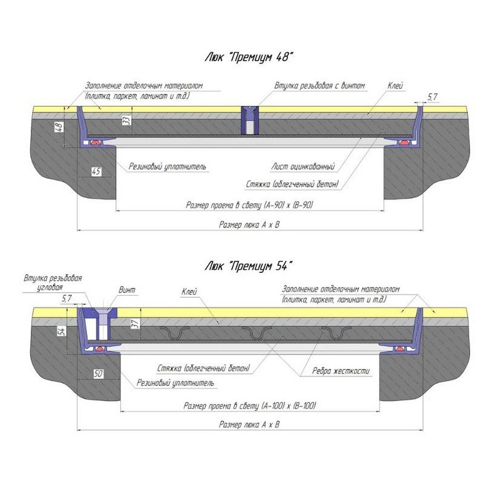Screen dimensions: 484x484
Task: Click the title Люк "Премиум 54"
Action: click(x=249, y=265)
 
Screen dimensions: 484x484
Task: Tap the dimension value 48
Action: click(x=59, y=127)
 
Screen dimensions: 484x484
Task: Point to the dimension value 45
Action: click(x=96, y=172)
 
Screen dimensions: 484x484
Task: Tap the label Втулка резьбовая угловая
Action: click(x=53, y=284)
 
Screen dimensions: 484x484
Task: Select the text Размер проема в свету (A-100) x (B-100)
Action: click(x=250, y=405)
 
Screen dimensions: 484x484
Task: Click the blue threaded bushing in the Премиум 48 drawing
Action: click(x=249, y=121)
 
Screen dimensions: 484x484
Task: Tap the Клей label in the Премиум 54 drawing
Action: click(x=189, y=292)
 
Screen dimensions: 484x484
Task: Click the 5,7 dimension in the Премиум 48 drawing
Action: click(x=432, y=97)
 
